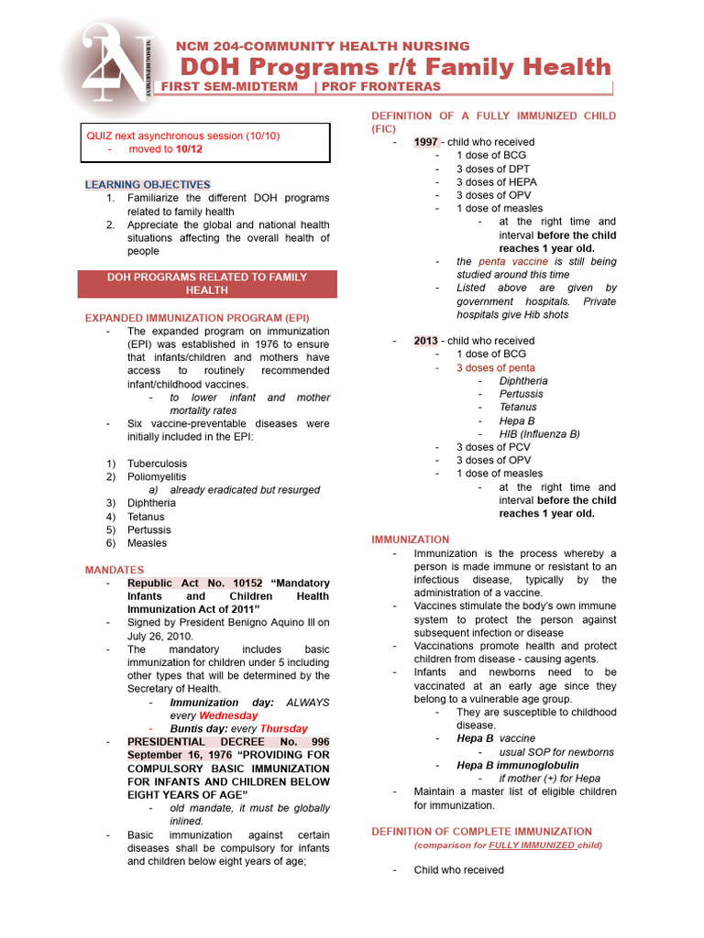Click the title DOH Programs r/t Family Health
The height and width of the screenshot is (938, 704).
tap(395, 66)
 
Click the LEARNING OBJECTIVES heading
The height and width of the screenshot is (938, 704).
tap(148, 184)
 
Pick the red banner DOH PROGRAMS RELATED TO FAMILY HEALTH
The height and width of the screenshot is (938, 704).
tap(207, 283)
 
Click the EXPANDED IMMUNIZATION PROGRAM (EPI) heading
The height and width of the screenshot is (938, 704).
tap(197, 318)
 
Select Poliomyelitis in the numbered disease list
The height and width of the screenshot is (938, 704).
tap(156, 476)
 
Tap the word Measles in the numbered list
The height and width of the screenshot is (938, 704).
tap(147, 542)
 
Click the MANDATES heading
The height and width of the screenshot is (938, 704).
tap(115, 570)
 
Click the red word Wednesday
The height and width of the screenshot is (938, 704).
tap(228, 715)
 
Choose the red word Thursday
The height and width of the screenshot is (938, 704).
tap(283, 729)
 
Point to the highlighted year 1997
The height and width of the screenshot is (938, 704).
tap(425, 142)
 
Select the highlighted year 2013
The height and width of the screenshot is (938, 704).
tap(425, 341)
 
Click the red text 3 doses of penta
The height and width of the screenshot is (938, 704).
tap(496, 367)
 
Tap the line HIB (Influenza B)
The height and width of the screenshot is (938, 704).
tap(539, 434)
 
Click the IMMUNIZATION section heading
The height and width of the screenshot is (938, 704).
tap(410, 540)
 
